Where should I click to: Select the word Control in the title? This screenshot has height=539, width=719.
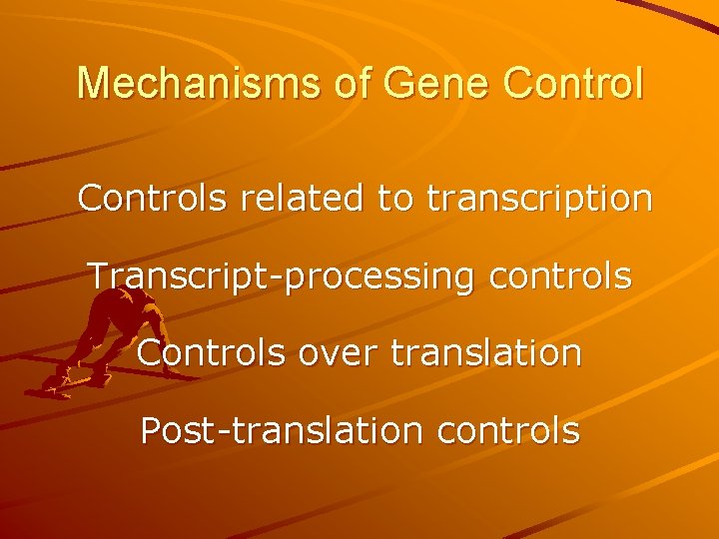(x=574, y=84)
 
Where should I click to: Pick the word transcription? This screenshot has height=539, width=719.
(x=539, y=200)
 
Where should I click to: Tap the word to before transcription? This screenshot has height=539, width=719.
(x=396, y=199)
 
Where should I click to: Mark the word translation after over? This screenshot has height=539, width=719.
(x=493, y=352)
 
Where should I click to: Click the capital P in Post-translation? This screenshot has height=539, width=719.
(x=150, y=430)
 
